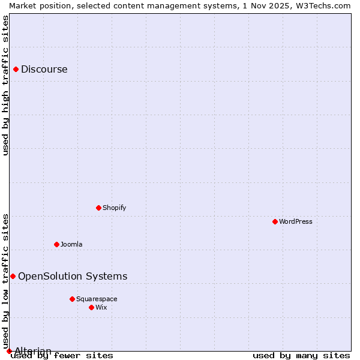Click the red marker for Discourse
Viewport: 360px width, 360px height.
click(x=16, y=69)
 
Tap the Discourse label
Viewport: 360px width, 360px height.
click(x=44, y=69)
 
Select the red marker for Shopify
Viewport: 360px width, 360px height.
click(x=99, y=208)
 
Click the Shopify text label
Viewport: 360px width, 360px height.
click(x=114, y=208)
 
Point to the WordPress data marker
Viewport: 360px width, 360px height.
click(x=275, y=221)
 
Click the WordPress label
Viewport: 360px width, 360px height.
click(x=296, y=221)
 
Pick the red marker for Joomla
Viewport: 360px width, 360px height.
click(x=57, y=244)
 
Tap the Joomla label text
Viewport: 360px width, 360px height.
click(x=71, y=244)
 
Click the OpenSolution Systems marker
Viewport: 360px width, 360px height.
click(x=13, y=276)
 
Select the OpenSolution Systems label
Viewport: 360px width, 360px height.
click(x=73, y=276)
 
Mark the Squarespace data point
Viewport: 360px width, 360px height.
click(x=73, y=299)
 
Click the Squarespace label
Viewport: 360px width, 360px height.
click(x=97, y=299)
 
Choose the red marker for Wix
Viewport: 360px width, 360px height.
click(x=92, y=307)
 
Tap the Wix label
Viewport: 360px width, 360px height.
click(x=101, y=307)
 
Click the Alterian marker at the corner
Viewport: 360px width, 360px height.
click(x=9, y=351)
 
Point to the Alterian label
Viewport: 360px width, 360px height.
click(x=33, y=351)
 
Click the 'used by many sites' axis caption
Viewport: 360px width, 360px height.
click(x=301, y=356)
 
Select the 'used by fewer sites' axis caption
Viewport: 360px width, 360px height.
click(x=62, y=356)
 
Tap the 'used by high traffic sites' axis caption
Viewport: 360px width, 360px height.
click(x=6, y=85)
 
